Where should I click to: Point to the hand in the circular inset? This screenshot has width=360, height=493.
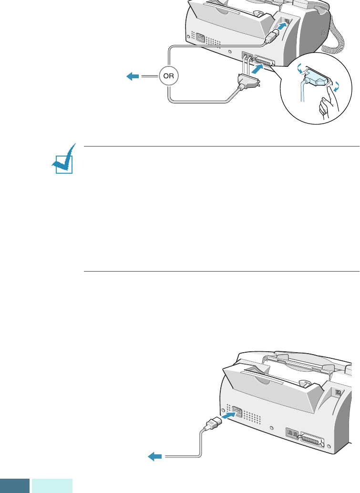(x=326, y=108)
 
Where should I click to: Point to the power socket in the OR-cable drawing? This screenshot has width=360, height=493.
(x=202, y=39)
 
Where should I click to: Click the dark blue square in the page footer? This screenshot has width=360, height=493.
(x=14, y=486)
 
